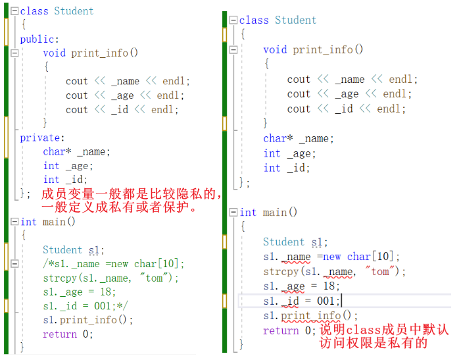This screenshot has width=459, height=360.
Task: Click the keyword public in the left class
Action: tap(38, 39)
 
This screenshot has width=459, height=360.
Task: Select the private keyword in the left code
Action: tap(41, 138)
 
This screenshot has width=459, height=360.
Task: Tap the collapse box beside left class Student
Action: tap(14, 11)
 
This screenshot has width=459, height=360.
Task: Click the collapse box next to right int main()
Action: tap(233, 212)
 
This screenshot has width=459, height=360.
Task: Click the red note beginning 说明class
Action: tap(384, 336)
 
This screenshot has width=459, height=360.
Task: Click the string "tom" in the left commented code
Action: tap(154, 278)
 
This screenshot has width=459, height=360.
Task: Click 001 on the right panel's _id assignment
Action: tap(328, 301)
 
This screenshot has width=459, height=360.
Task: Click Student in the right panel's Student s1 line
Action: tap(283, 242)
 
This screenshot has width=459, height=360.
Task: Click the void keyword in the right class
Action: tap(275, 49)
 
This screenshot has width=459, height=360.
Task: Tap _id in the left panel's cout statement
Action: tap(120, 110)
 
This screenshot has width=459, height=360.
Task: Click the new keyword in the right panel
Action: tap(331, 257)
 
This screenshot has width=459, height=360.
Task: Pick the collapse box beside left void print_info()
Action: tap(14, 53)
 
